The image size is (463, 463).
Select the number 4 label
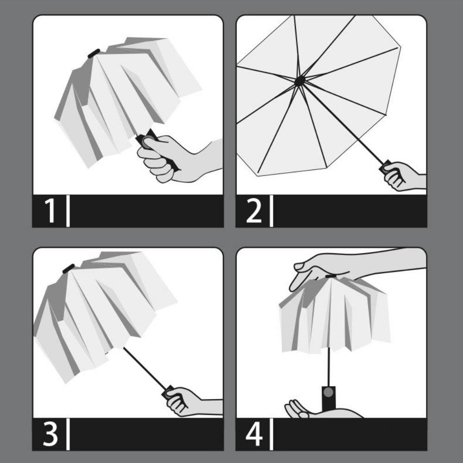[254, 434]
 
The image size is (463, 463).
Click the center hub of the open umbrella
[300, 81]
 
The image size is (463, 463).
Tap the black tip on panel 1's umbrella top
[94, 53]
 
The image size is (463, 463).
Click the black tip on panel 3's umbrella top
[68, 268]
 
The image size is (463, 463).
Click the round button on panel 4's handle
[328, 392]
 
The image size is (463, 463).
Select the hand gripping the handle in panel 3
[183, 400]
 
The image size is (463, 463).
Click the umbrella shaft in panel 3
[144, 368]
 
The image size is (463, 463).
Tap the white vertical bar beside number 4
[271, 434]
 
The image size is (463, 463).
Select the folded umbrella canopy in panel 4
[333, 315]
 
